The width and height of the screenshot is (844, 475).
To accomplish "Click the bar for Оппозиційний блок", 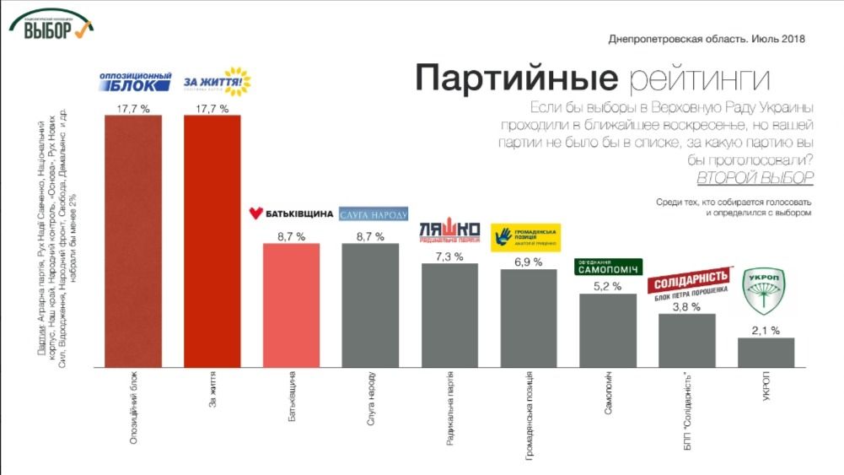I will click(133, 240).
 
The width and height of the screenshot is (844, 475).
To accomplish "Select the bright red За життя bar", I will click(212, 240).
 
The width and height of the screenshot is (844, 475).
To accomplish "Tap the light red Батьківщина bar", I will click(292, 305).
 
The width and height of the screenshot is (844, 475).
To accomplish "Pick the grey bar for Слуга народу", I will click(370, 305).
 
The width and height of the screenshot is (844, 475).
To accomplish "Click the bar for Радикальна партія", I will click(449, 315).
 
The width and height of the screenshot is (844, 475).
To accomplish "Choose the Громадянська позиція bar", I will click(529, 318).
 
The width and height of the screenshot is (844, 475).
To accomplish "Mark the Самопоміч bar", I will click(608, 330).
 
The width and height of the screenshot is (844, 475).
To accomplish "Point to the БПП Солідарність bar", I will click(687, 340).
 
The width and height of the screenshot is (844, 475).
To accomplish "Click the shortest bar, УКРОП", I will click(766, 353).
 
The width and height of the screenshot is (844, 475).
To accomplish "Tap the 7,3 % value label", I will click(449, 255).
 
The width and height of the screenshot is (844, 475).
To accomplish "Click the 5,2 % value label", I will click(608, 286).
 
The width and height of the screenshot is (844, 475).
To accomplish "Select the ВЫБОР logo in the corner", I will click(51, 25).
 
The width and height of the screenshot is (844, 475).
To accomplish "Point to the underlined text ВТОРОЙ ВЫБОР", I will click(755, 178).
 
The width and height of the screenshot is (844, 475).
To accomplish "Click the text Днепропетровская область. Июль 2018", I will click(707, 39).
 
